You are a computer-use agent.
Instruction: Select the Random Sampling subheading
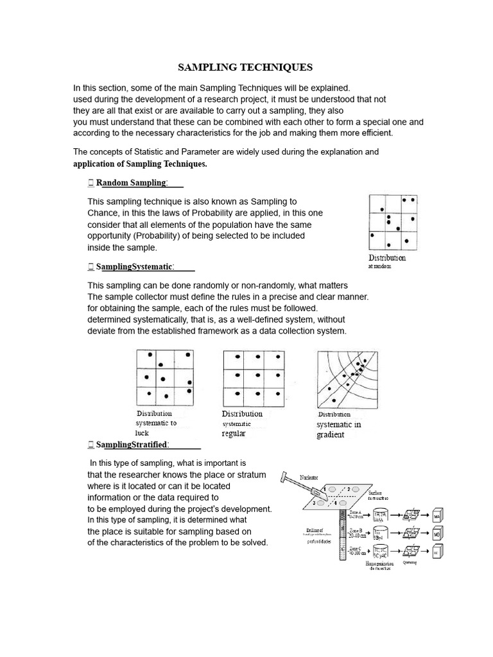[131, 183]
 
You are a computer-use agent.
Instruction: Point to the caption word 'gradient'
[330, 435]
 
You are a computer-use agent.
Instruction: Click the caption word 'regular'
[234, 434]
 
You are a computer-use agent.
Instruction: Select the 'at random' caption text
[379, 266]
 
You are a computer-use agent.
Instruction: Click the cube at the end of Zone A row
[438, 516]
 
